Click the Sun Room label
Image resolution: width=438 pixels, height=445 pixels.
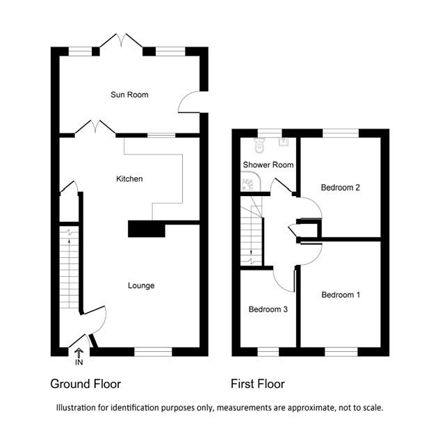click(x=129, y=95)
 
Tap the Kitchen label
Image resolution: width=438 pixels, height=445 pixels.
click(x=129, y=179)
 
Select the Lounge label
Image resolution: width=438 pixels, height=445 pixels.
click(x=141, y=286)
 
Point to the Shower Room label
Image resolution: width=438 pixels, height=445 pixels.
click(x=268, y=165)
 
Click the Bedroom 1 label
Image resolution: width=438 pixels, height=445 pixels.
click(x=341, y=295)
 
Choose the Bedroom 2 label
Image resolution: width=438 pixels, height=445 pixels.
click(x=340, y=188)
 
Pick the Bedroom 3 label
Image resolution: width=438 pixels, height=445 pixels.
click(x=268, y=309)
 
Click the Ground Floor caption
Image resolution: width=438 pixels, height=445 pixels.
click(x=86, y=384)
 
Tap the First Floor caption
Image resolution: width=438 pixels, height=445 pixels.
click(x=257, y=384)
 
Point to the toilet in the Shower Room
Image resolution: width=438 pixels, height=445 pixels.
click(x=260, y=145)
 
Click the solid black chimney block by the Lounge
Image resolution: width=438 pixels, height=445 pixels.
click(x=146, y=229)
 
